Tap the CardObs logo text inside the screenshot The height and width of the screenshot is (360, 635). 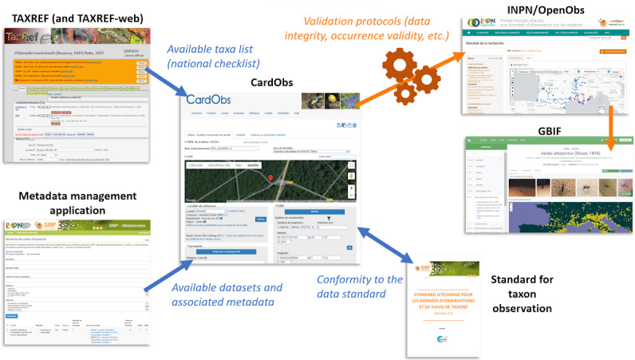[209, 100]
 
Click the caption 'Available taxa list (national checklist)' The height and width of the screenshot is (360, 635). [215, 56]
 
